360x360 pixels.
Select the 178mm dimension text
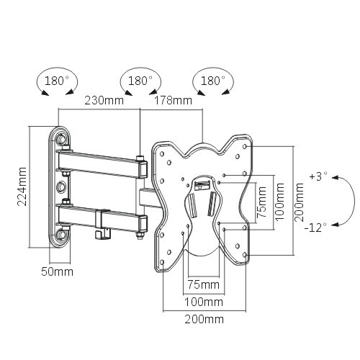point(174,101)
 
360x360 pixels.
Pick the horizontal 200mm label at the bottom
point(204,319)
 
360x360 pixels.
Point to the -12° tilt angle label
point(317,226)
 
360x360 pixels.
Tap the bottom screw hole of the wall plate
point(63,233)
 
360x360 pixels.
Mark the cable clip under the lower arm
point(103,232)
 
